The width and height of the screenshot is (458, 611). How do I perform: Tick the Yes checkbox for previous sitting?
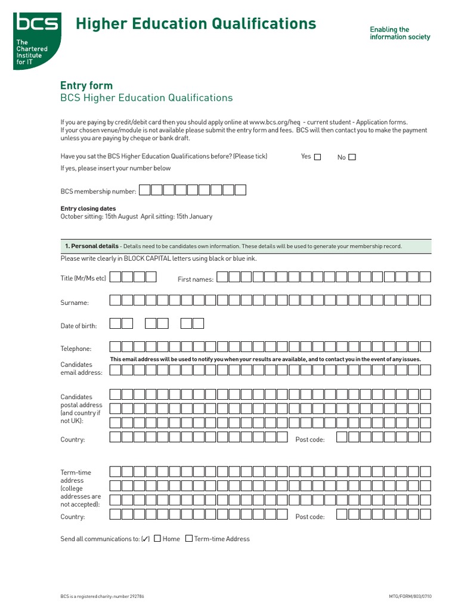point(317,158)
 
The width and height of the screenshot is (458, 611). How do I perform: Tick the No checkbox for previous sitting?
point(352,158)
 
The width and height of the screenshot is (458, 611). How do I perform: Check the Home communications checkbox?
point(157,538)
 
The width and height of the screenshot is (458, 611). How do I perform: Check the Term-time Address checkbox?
point(189,538)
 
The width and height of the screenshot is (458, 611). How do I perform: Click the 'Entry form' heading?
point(86,85)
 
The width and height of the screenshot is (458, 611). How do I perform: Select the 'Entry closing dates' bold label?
point(88,209)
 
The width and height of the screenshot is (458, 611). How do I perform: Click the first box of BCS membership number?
point(145,190)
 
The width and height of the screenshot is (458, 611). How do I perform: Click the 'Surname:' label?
point(75,303)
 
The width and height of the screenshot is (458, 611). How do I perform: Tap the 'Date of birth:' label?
point(79,326)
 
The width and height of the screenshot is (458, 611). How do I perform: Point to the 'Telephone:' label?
point(76,349)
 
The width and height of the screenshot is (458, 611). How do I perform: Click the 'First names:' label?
point(196,279)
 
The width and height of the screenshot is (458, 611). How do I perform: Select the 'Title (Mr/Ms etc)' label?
point(83,279)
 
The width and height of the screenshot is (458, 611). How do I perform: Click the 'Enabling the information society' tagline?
point(400,33)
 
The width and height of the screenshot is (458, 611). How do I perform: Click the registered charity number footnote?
point(102,596)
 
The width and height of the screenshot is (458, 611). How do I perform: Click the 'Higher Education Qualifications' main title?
point(196,24)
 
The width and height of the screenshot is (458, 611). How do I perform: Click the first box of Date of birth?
point(115,323)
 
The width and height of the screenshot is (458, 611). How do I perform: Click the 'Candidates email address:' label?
point(82,369)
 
